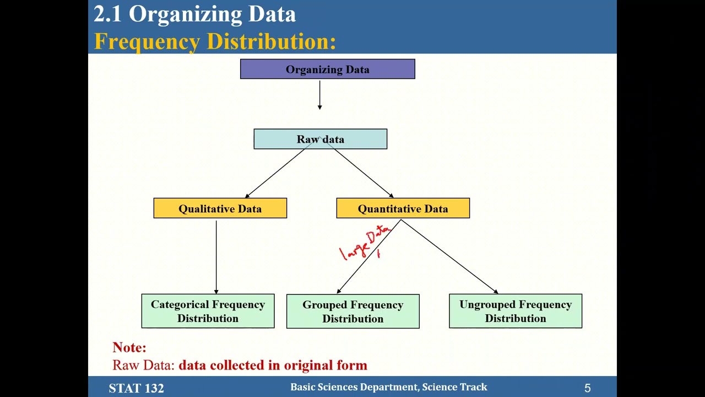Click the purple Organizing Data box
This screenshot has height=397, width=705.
[327, 69]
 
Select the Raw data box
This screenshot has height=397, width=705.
[320, 139]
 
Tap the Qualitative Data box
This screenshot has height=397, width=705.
[220, 208]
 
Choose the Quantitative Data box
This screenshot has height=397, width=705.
[403, 208]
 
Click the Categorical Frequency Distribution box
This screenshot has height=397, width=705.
[208, 311]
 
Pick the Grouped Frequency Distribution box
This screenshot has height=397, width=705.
[352, 312]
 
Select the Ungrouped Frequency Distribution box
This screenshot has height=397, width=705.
[515, 311]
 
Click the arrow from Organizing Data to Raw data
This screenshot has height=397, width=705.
[319, 95]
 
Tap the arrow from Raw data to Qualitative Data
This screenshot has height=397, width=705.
[275, 173]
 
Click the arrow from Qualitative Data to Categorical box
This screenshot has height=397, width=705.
[216, 256]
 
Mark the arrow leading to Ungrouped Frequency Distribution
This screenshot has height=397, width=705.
[449, 256]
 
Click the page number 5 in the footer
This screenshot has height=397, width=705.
[587, 388]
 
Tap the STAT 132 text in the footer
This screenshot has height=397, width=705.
[136, 388]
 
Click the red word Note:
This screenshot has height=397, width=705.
[129, 347]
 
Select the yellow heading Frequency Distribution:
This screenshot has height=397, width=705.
[215, 41]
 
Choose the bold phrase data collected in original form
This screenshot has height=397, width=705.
[273, 365]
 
